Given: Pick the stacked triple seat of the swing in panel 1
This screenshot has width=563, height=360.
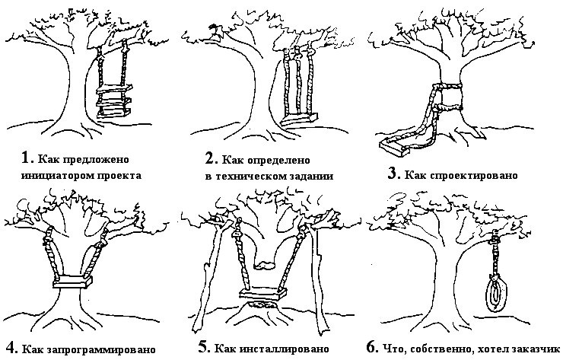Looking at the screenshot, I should click(112, 101).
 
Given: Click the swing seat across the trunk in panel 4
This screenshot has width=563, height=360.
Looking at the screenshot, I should click(72, 284).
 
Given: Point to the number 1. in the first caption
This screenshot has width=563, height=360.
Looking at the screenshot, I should click(27, 158).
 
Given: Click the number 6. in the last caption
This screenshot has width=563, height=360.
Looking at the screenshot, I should click(373, 347).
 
